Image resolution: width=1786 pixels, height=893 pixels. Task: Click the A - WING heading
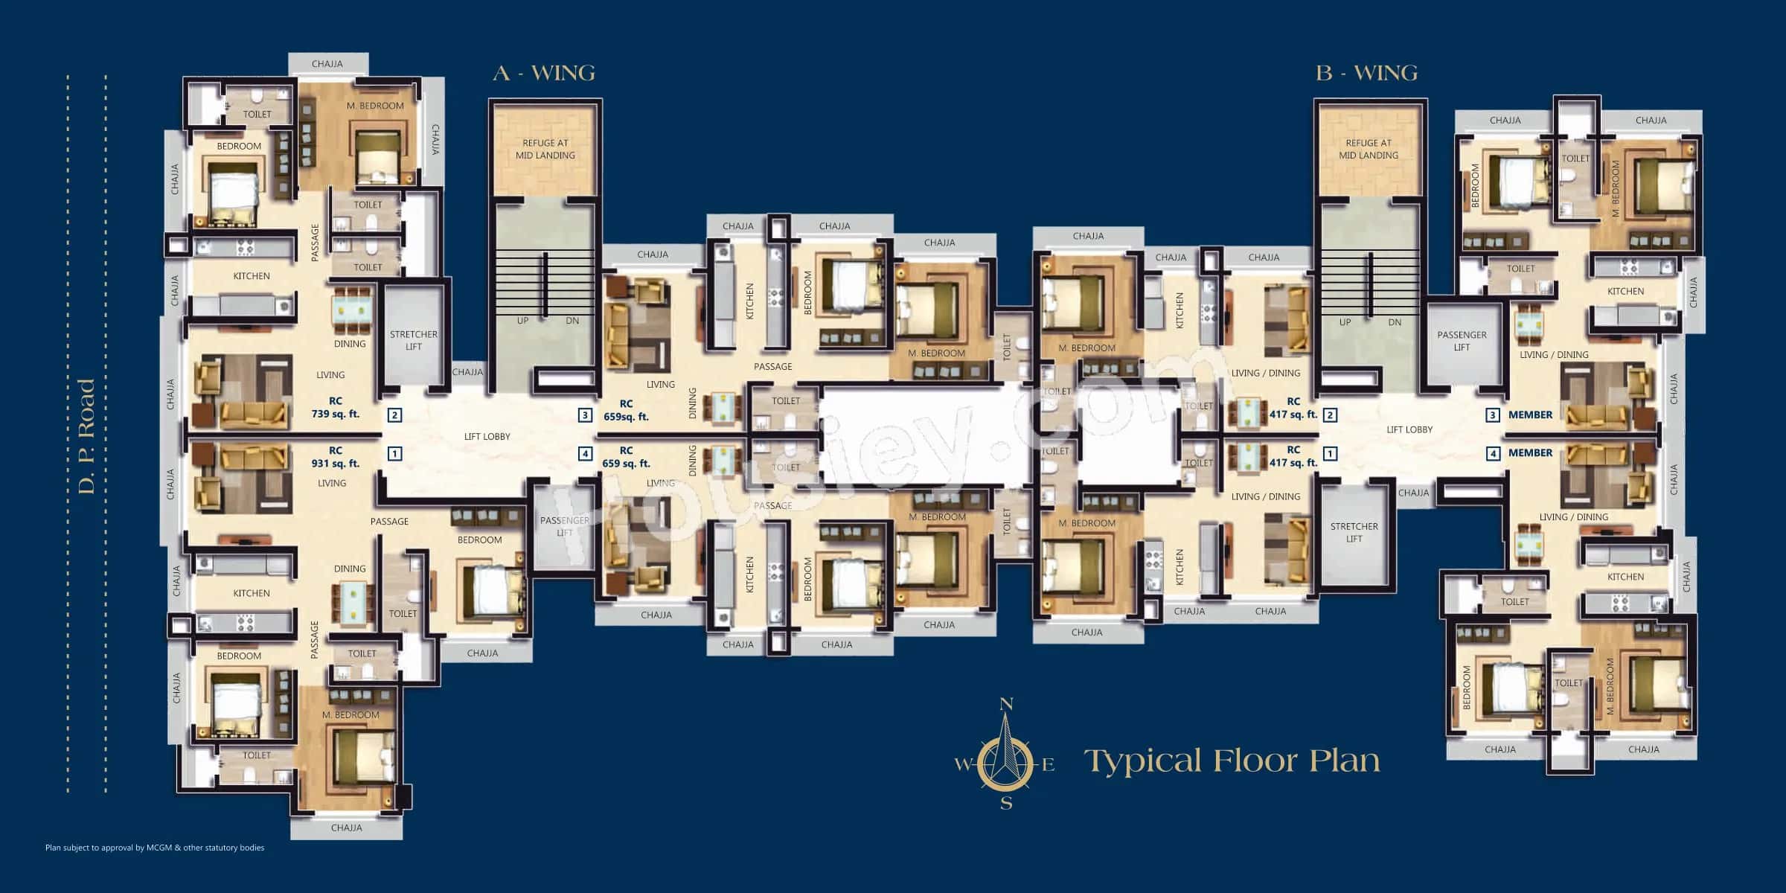tap(544, 73)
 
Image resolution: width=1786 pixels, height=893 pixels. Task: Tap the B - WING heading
tap(1367, 73)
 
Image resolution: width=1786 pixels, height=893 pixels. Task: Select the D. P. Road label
tap(86, 436)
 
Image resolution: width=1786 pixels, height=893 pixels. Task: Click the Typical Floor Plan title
tap(1232, 761)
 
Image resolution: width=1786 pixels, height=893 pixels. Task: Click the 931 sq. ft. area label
tap(335, 463)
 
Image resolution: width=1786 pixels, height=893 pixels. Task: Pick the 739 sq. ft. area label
tap(335, 413)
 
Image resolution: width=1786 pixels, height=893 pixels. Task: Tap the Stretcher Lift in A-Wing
tap(414, 340)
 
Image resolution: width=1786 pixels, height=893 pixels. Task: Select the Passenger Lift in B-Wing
tap(1462, 341)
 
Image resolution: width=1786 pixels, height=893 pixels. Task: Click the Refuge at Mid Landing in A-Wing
tap(545, 149)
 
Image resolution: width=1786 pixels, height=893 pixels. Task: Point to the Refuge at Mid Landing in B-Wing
tap(1369, 149)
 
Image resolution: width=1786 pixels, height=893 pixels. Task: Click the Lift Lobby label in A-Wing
tap(487, 437)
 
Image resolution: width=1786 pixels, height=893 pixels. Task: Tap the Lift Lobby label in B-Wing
tap(1409, 429)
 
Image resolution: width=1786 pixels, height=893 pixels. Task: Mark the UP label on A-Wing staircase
tap(523, 321)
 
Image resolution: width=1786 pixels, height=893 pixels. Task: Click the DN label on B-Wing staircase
tap(1395, 322)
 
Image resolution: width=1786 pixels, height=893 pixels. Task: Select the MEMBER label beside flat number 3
tap(1530, 415)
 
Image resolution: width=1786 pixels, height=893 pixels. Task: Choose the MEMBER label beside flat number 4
tap(1530, 452)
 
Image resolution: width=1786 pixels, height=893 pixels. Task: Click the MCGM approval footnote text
tap(155, 848)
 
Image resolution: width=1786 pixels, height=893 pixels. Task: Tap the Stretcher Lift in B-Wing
tap(1354, 532)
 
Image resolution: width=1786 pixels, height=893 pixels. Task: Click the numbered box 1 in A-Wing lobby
tap(395, 453)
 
